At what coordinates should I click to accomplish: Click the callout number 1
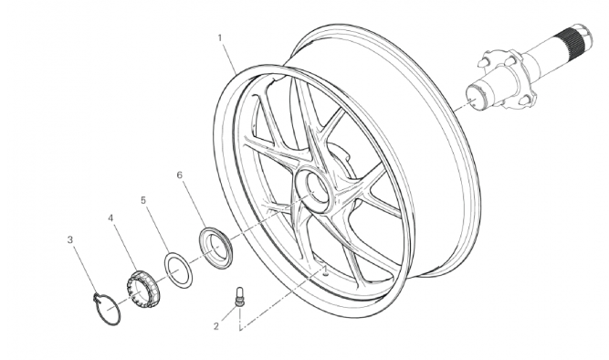220,37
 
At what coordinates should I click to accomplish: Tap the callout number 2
216,326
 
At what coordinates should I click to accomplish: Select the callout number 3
70,240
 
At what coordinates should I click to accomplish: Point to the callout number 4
110,218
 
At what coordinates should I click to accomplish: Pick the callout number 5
143,200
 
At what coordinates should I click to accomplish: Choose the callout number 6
180,175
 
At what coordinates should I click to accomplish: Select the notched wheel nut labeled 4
142,290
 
